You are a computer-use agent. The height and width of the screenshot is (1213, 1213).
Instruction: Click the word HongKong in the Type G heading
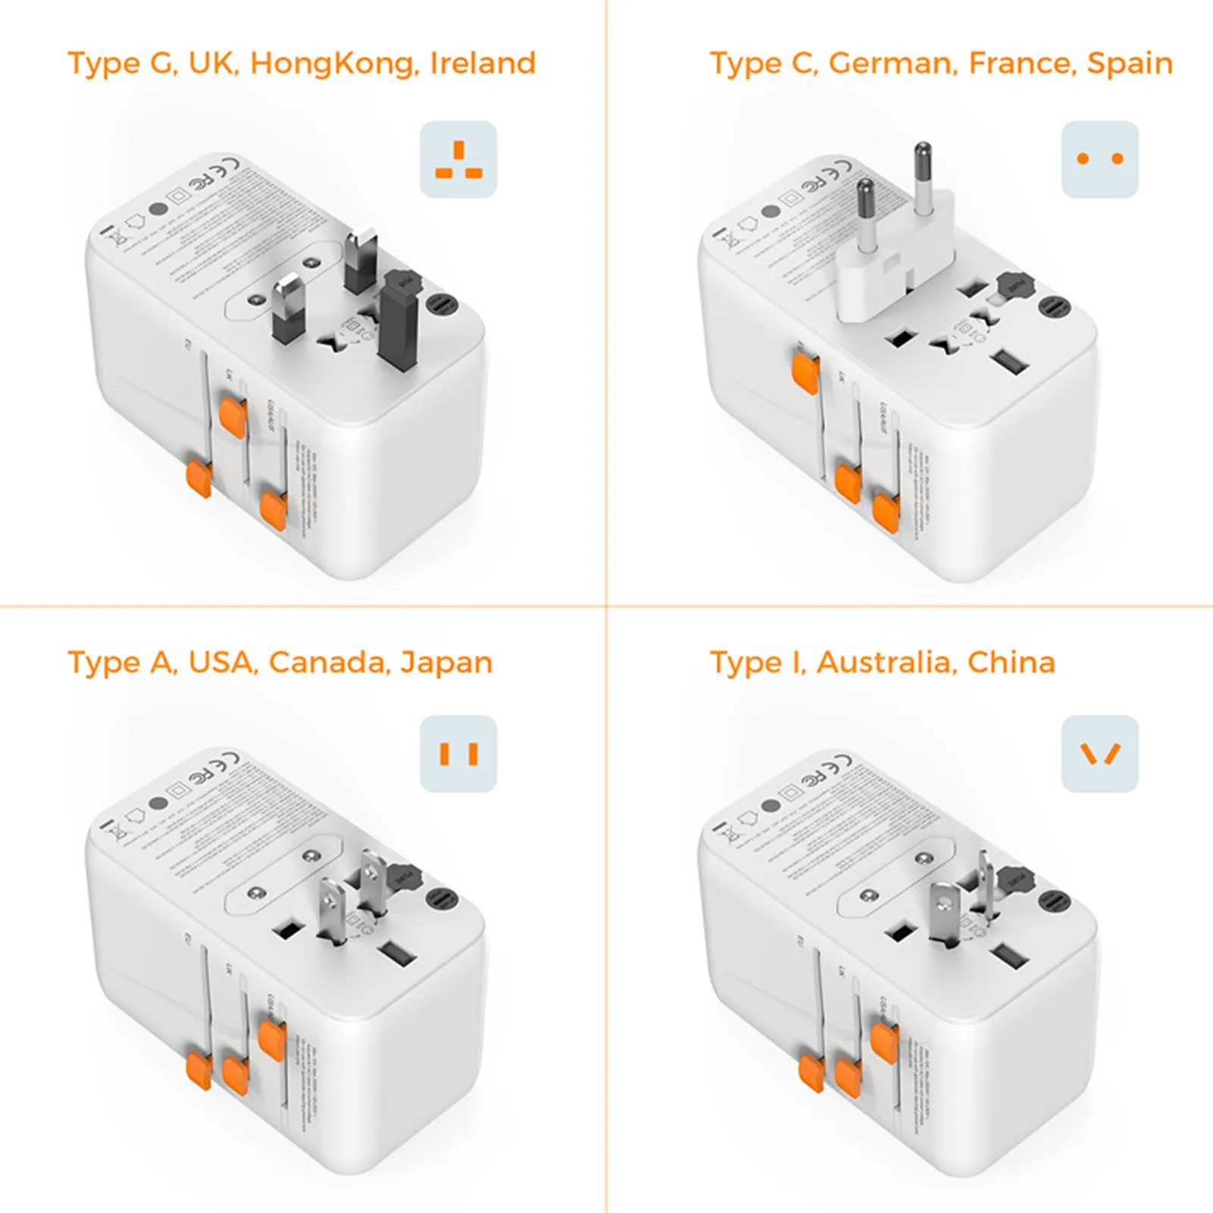coord(334,64)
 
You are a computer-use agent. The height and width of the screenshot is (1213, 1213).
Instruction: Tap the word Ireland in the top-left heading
coord(483,64)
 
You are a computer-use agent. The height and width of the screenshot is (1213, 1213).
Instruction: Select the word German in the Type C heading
coord(890,64)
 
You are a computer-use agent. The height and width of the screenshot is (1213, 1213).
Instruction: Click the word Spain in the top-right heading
coord(1130,64)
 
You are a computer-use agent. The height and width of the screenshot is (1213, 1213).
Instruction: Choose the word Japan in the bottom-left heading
coord(447,663)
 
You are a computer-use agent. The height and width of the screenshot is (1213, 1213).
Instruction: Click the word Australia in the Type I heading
coord(883,663)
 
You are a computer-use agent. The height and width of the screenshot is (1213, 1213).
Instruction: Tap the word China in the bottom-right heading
coord(1011,663)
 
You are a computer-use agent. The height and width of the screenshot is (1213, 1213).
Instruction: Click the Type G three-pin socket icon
coord(459,160)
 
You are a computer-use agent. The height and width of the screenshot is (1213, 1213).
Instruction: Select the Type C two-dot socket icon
coord(1100,160)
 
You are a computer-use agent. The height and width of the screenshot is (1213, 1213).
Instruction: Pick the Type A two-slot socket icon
coord(459,754)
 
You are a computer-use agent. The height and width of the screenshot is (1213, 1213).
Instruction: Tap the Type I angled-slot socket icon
coord(1100,754)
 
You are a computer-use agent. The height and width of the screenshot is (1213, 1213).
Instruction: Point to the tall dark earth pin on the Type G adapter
coord(399,322)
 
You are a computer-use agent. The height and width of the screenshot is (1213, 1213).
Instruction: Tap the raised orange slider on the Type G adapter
coord(232,418)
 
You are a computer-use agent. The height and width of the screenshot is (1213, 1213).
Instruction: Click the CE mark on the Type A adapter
coord(228,760)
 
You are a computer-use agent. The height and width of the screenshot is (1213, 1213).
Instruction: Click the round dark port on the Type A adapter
coord(442,900)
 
